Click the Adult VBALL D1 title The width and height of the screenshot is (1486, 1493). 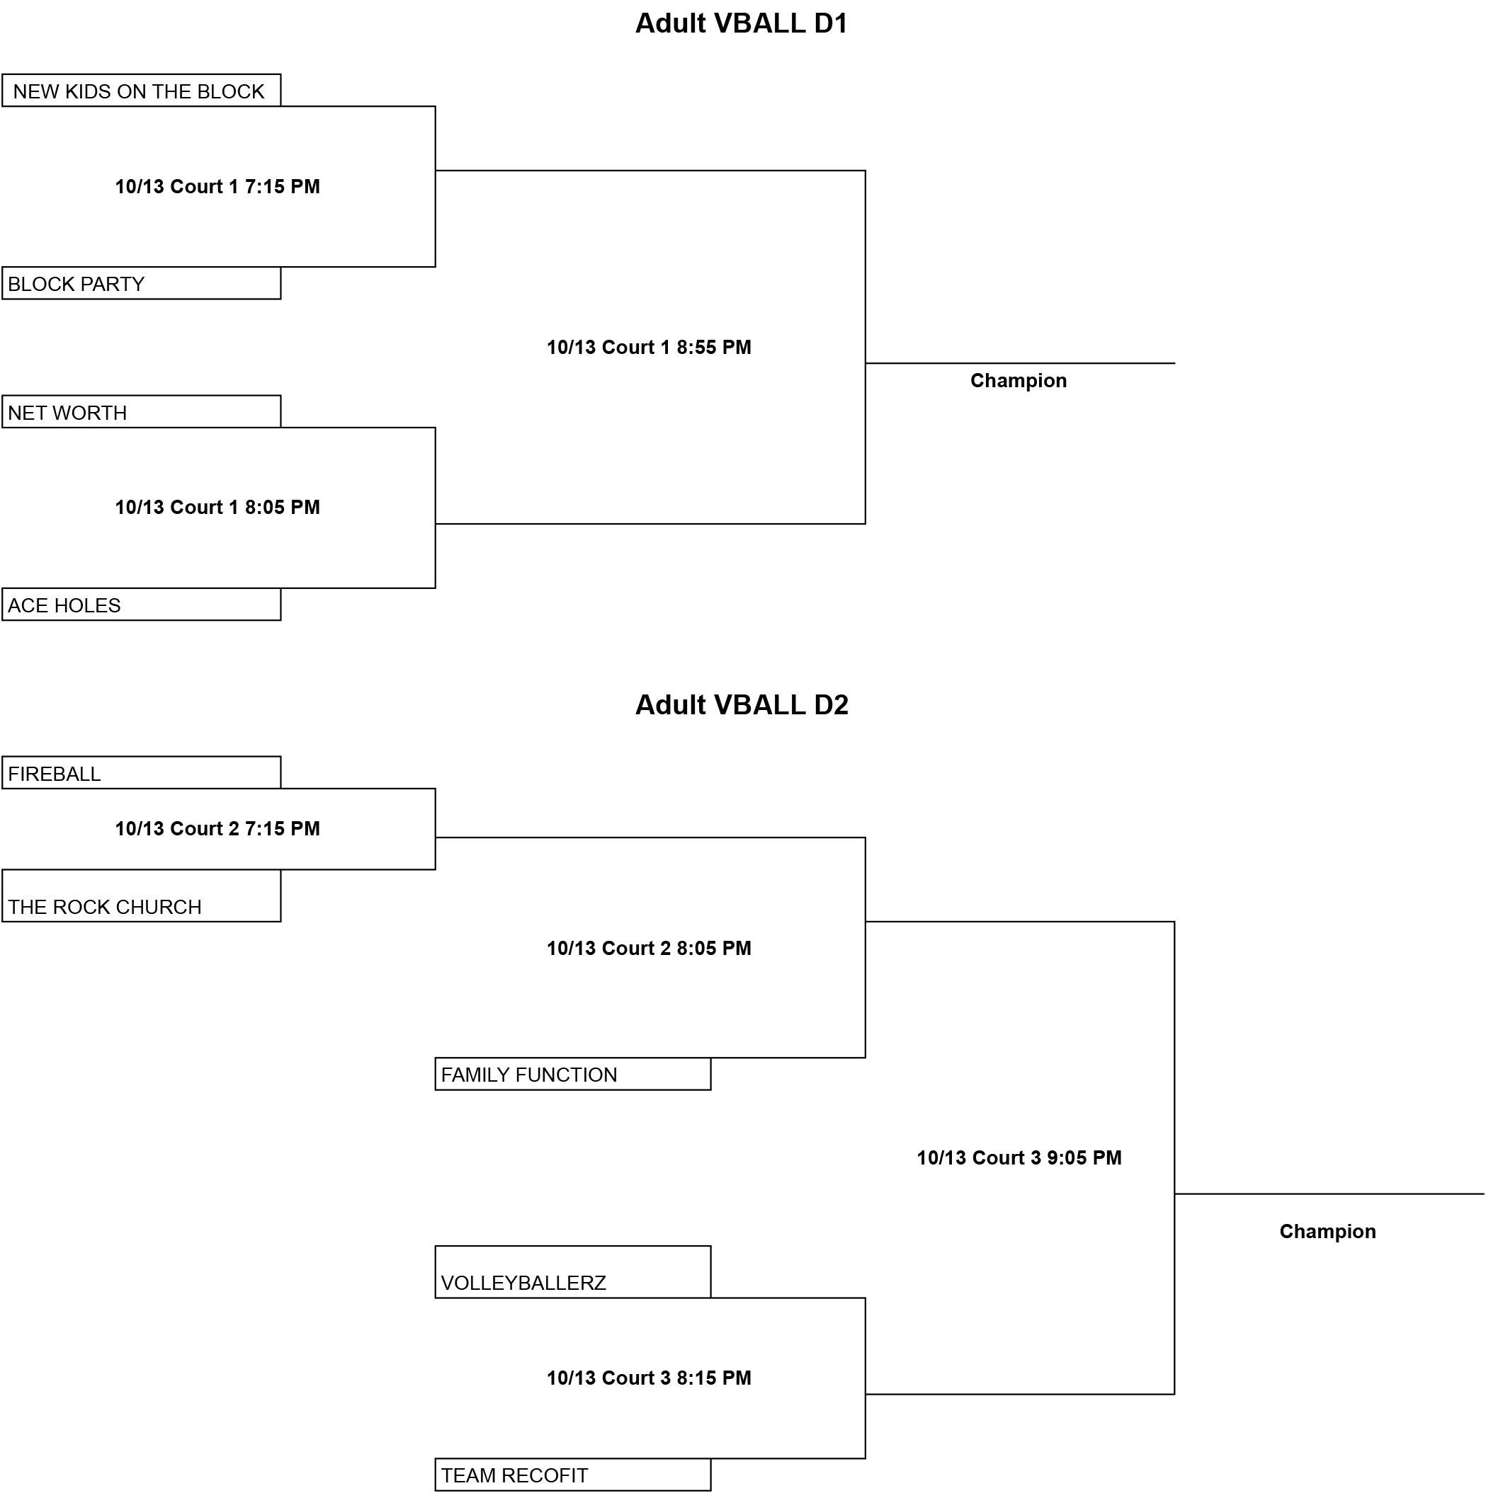pos(742,23)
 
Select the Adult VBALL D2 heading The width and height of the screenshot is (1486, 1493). pos(742,705)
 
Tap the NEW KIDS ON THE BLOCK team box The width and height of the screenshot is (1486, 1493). pos(142,91)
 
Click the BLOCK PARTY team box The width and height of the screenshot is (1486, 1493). pos(142,283)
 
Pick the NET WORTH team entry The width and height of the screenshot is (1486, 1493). pos(142,412)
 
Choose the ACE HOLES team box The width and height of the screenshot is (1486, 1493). pos(142,605)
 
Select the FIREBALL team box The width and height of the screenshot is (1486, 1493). pos(142,773)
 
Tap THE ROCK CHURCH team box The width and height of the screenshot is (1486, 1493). pos(142,896)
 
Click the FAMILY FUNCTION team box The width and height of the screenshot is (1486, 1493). pos(573,1074)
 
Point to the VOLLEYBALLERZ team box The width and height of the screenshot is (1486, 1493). pos(573,1272)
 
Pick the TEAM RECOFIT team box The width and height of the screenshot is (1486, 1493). pos(573,1475)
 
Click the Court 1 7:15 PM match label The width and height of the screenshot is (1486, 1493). pos(217,186)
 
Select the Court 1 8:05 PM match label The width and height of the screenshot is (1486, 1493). pos(217,507)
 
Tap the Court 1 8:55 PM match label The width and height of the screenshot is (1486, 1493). pos(649,347)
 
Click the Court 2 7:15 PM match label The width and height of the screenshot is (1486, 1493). pos(217,828)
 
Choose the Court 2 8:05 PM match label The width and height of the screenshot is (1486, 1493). pos(649,948)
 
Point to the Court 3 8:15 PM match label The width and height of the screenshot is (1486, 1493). pos(649,1378)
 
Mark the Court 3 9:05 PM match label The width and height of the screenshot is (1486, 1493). pos(1019,1157)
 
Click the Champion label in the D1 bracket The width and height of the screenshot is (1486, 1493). pos(1019,380)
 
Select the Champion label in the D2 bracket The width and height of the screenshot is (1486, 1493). pos(1327,1232)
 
